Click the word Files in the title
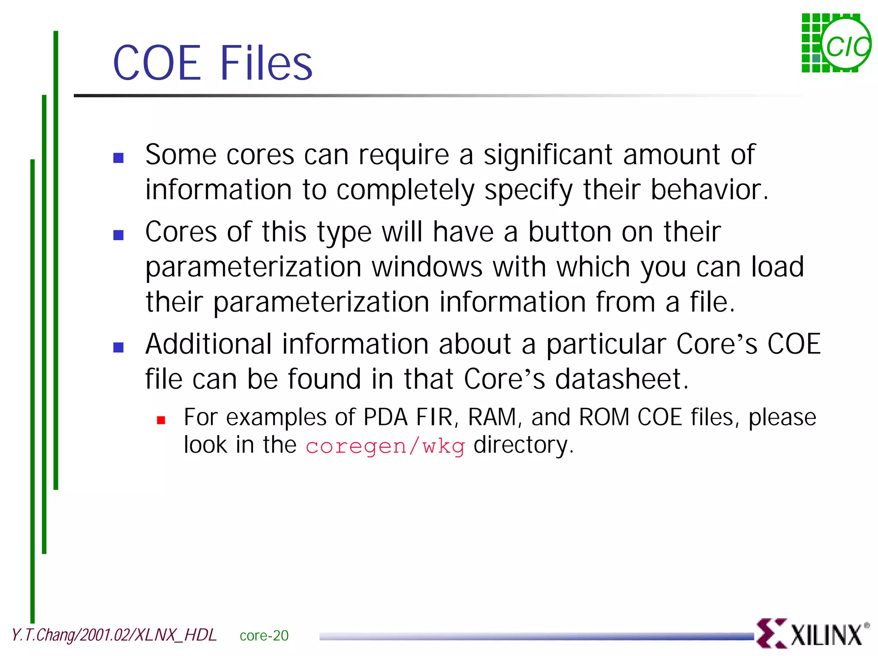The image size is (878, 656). (266, 63)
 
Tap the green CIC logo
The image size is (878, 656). (836, 43)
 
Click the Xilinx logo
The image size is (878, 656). (812, 633)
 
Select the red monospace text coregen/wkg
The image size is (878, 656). (385, 446)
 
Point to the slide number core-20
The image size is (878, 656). (264, 635)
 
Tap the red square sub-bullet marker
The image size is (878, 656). (161, 420)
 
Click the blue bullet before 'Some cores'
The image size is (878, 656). (118, 158)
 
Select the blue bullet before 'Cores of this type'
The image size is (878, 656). (118, 235)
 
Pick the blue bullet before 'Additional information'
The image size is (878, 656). (118, 347)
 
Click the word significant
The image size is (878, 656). (548, 155)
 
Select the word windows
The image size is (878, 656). (427, 267)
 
